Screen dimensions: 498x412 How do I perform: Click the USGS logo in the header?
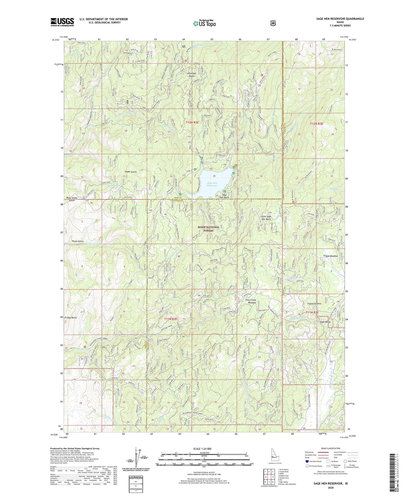click(x=62, y=22)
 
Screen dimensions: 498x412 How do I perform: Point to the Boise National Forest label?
click(x=209, y=229)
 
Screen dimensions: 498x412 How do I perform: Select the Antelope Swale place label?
click(x=187, y=74)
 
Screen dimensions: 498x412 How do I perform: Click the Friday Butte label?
click(x=71, y=317)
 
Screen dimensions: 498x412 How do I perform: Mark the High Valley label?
click(x=325, y=322)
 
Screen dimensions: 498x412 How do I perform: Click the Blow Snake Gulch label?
click(x=72, y=199)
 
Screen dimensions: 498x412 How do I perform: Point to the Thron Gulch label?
click(x=78, y=241)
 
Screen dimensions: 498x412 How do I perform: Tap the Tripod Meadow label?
click(x=330, y=256)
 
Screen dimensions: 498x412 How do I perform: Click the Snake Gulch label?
click(x=131, y=172)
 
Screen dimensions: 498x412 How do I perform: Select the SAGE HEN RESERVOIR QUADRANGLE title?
click(x=338, y=19)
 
